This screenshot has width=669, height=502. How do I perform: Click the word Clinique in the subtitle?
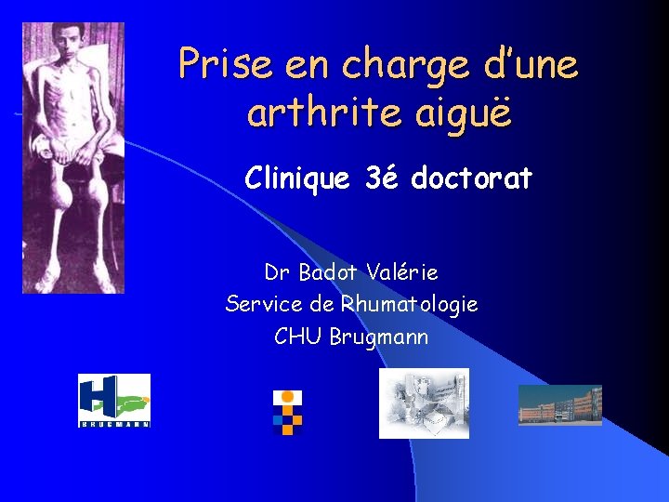point(299,178)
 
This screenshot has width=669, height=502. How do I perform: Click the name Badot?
point(330,272)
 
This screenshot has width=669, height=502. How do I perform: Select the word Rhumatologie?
point(409,304)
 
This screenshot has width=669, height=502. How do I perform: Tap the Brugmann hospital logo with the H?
point(113,401)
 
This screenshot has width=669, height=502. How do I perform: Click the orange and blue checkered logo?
point(288,412)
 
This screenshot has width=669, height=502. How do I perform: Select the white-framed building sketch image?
point(424,403)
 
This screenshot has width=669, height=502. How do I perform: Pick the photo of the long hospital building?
point(559,405)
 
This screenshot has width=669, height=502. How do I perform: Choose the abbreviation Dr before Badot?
point(276,272)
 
